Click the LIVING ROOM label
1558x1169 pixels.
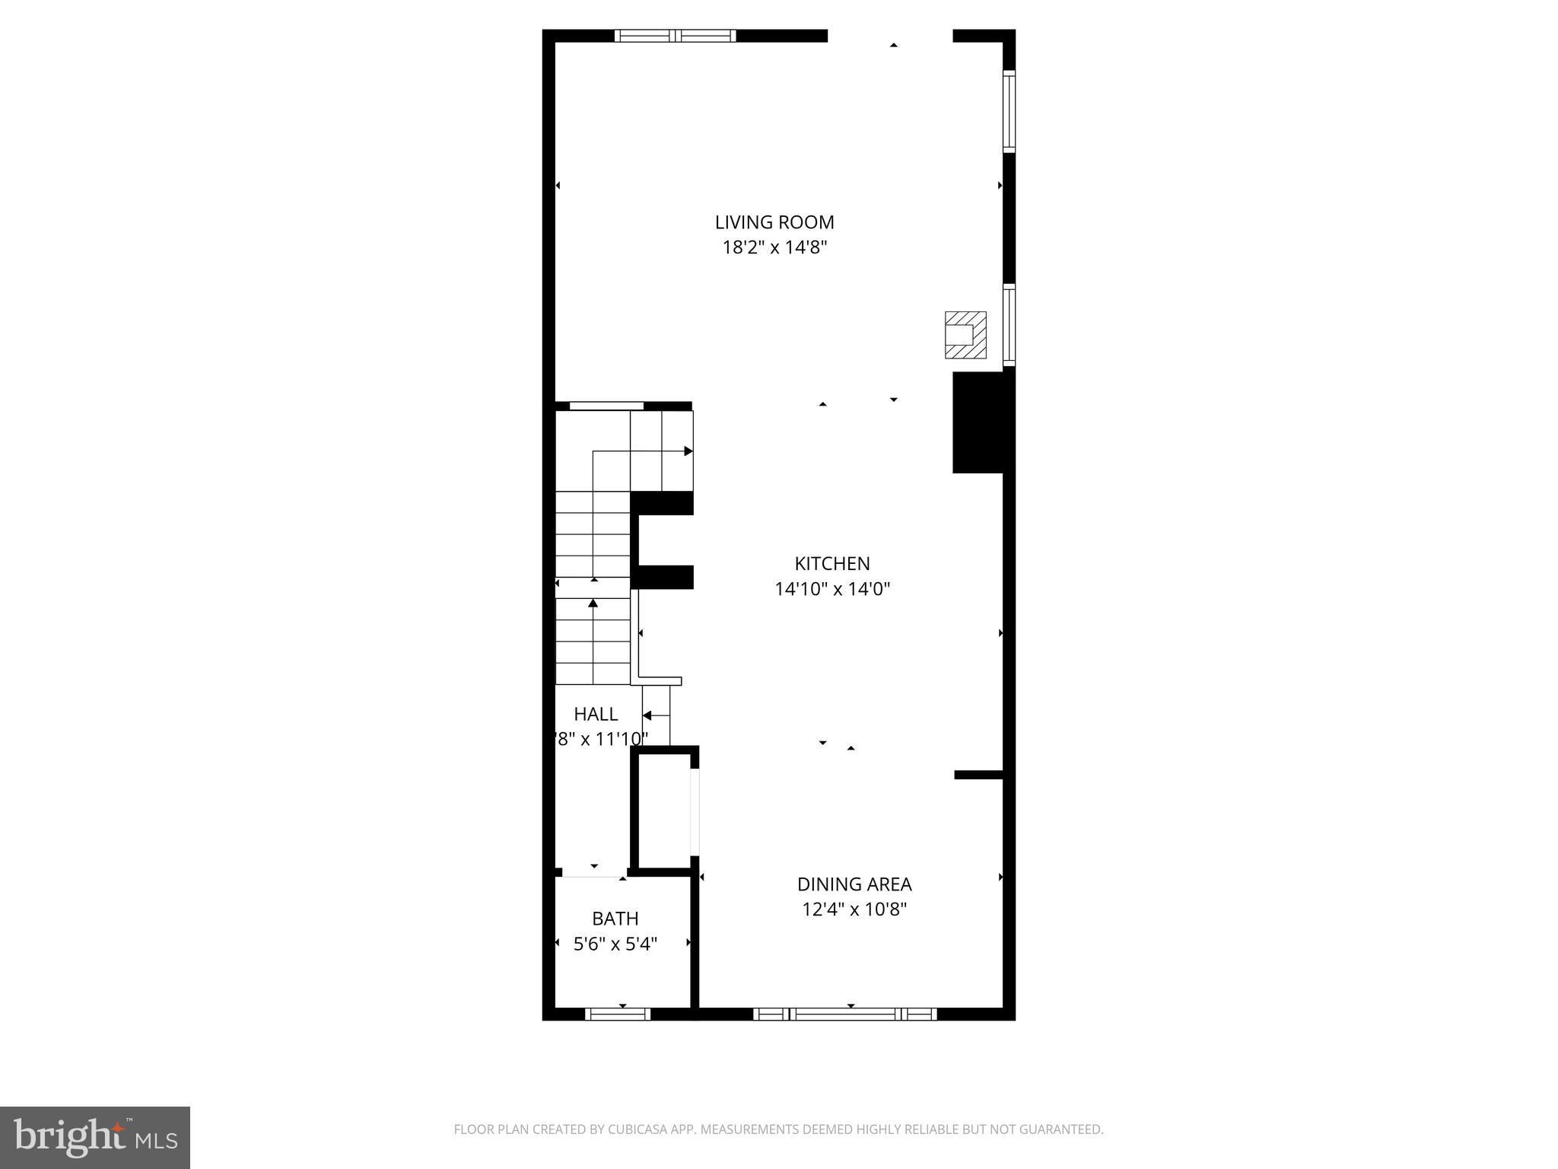click(x=774, y=222)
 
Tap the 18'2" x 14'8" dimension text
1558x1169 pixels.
click(x=774, y=247)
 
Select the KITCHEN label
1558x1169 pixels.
click(x=832, y=563)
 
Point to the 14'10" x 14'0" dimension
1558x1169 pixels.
click(x=832, y=588)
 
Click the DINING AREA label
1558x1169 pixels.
click(x=854, y=884)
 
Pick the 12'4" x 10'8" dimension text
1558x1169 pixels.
click(x=854, y=909)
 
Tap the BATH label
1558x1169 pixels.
click(x=615, y=919)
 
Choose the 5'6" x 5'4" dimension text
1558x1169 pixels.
click(x=615, y=944)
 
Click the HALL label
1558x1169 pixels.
click(x=596, y=714)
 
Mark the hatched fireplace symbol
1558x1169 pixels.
click(x=965, y=335)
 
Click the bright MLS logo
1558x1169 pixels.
click(x=95, y=1138)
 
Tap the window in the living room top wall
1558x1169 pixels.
click(x=675, y=35)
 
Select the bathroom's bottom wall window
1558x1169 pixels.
click(x=618, y=1014)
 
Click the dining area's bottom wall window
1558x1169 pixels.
click(x=844, y=1014)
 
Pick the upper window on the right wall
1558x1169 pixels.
click(x=1009, y=111)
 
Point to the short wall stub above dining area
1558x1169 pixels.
click(x=980, y=775)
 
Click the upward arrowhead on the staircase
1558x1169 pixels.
click(x=593, y=604)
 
